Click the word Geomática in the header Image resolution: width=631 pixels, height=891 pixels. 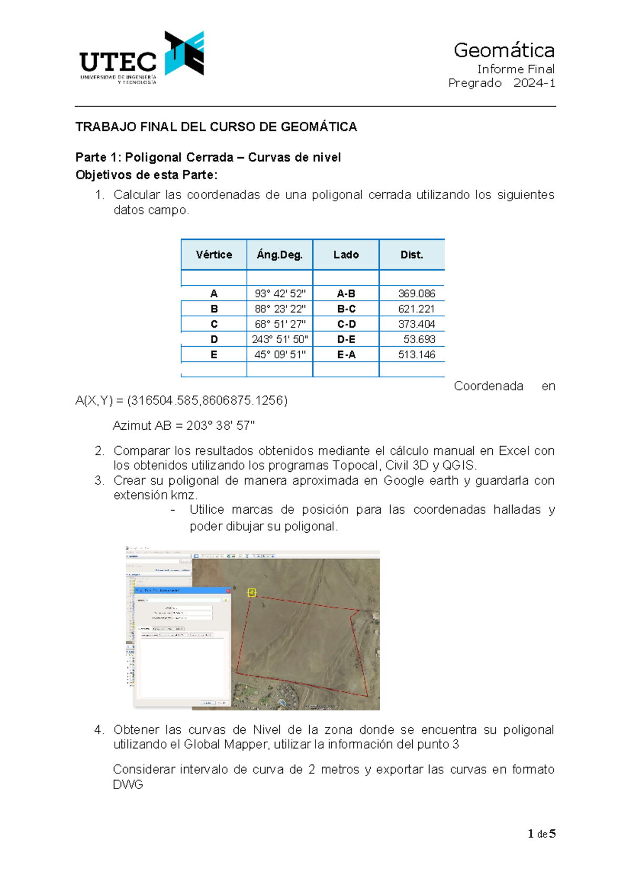pos(504,50)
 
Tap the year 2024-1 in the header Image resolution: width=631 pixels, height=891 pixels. pos(534,83)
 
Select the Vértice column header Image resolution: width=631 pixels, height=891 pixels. pos(213,255)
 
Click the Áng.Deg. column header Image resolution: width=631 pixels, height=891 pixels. pos(280,255)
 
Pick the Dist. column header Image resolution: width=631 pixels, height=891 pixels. pos(412,255)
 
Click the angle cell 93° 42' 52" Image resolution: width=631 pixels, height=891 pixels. pos(280,294)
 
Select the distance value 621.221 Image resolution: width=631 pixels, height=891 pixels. pos(416,309)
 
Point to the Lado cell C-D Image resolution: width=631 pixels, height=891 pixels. pos(346,324)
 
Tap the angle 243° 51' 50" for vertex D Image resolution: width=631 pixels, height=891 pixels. pos(280,339)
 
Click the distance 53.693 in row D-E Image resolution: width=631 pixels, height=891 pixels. pos(419,339)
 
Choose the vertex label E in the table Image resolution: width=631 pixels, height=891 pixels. pos(213,355)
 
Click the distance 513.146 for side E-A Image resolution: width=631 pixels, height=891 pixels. pos(416,355)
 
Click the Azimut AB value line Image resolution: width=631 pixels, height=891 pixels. pos(184,426)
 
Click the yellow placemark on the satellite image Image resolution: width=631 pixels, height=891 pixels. pos(252,593)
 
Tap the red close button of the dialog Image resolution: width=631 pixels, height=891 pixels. pos(228,590)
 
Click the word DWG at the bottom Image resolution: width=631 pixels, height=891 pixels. pos(128,784)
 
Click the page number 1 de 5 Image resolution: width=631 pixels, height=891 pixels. pos(542,834)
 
